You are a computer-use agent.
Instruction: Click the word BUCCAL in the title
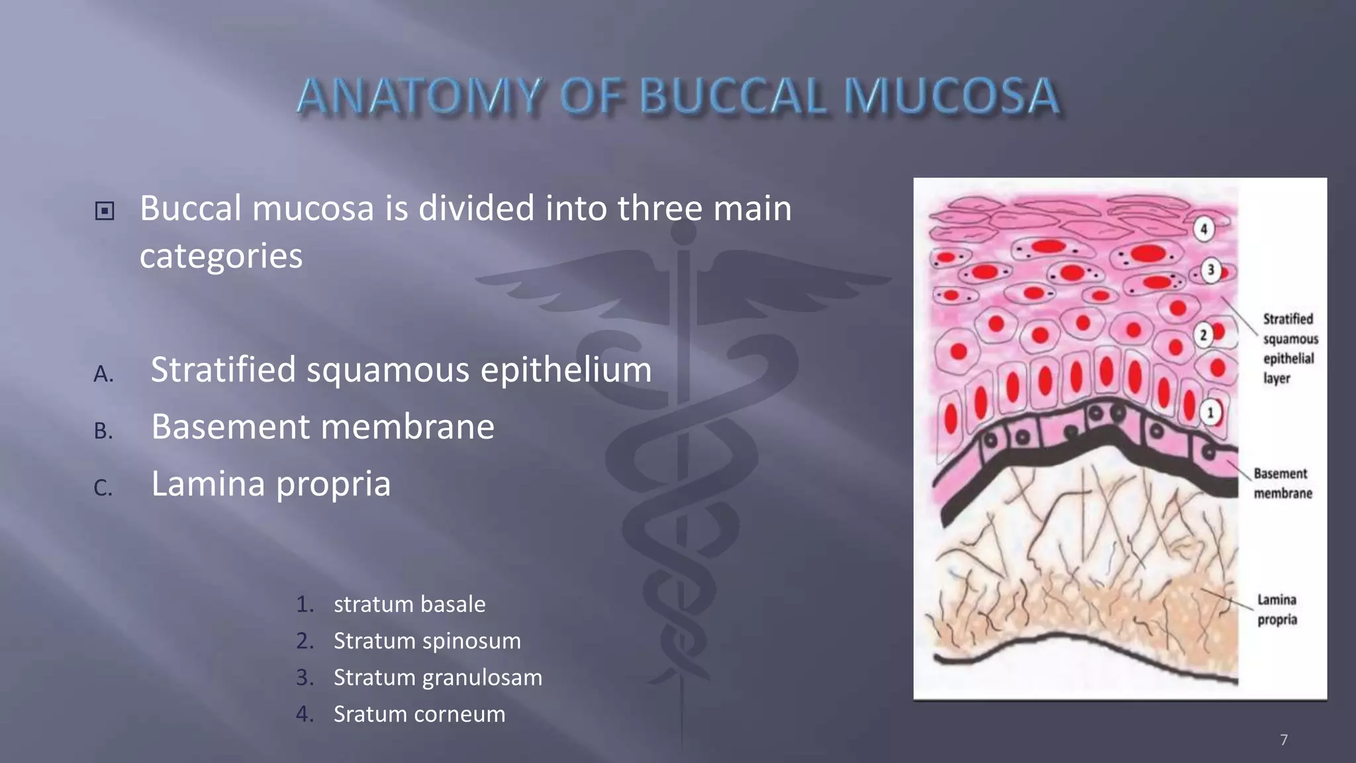pos(733,96)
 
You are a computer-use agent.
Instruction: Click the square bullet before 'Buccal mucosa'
pos(105,211)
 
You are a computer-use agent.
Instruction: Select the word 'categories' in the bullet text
pos(221,256)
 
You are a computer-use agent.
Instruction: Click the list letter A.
pos(103,374)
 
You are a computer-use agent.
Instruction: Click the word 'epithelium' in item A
pos(566,370)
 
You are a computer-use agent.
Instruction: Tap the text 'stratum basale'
pos(409,604)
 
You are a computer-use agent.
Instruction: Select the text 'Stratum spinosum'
pos(427,641)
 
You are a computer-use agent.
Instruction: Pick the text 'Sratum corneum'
pos(419,714)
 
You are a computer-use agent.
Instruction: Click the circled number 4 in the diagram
pos(1204,229)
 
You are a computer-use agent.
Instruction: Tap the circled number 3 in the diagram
pos(1211,270)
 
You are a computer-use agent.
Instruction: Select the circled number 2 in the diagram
pos(1204,335)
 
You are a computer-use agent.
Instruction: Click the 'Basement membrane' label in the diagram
pos(1282,483)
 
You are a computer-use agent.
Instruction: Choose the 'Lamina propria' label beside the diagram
pos(1277,610)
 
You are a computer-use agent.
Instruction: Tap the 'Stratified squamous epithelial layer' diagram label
pos(1289,348)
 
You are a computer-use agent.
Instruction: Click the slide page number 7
pos(1284,740)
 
